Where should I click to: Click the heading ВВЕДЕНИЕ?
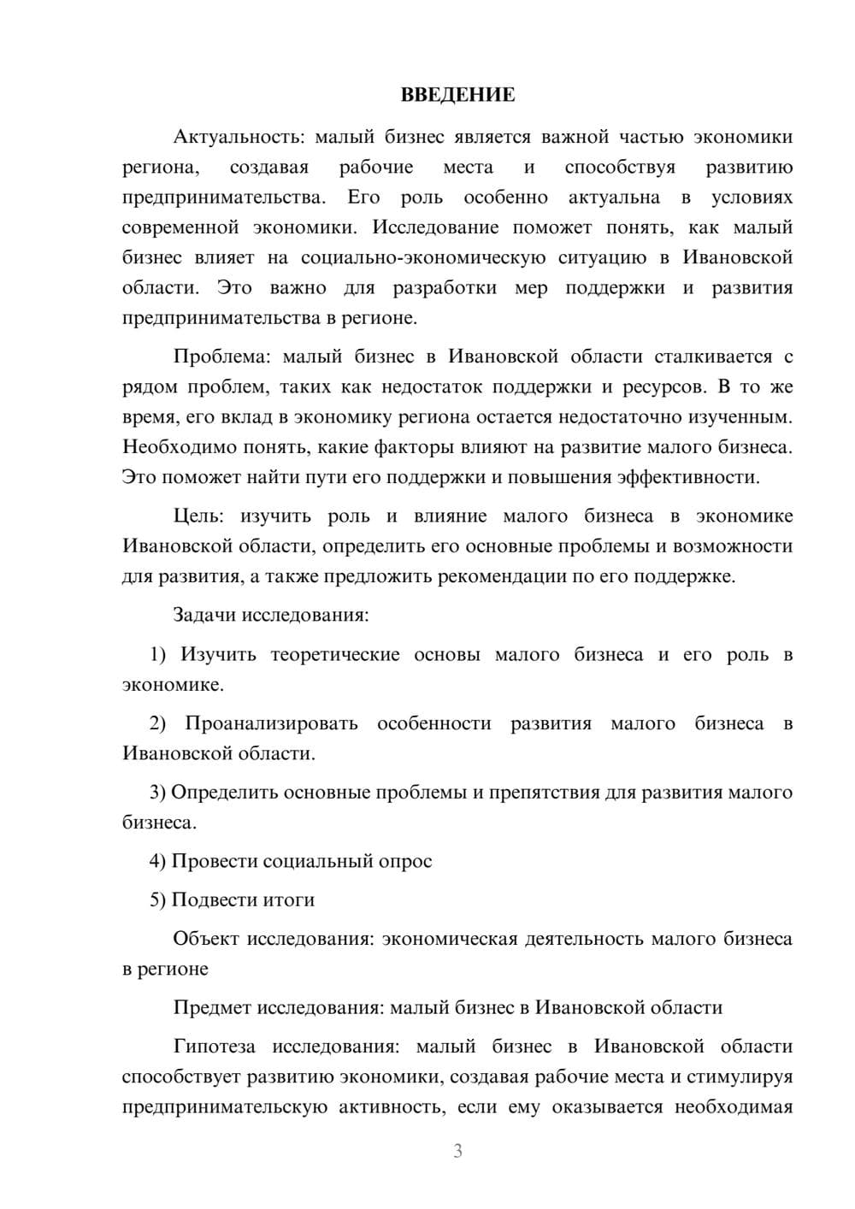[x=457, y=95]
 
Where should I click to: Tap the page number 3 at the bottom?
[x=457, y=1152]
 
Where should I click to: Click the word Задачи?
[x=205, y=615]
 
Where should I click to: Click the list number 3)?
[x=158, y=793]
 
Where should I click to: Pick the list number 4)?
[x=158, y=861]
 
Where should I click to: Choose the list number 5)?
[x=158, y=899]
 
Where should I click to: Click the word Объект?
[x=205, y=939]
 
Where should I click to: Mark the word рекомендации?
[x=501, y=576]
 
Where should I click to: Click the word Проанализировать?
[x=272, y=723]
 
